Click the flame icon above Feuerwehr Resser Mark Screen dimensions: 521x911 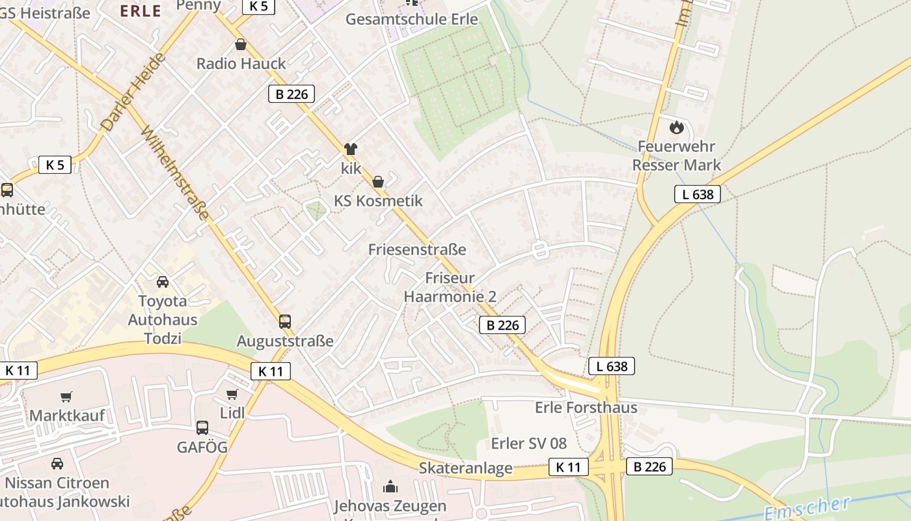(x=677, y=127)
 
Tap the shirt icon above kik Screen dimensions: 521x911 (x=351, y=149)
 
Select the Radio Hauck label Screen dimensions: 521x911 (x=241, y=63)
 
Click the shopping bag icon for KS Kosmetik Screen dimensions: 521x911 (x=378, y=182)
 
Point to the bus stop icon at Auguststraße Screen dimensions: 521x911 (x=285, y=321)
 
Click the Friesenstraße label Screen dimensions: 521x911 (x=417, y=249)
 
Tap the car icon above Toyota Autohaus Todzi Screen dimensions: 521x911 (x=162, y=282)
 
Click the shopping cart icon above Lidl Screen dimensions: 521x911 (x=232, y=394)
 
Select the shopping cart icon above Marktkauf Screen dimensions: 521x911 (x=66, y=397)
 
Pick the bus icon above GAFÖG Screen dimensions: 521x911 (x=202, y=428)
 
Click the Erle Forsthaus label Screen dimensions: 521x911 (x=586, y=408)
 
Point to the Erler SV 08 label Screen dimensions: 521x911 (x=529, y=444)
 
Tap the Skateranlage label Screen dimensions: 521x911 (x=465, y=468)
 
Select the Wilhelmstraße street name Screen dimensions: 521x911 (x=175, y=174)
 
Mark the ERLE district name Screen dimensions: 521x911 (x=141, y=10)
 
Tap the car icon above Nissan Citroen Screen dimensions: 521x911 (x=57, y=464)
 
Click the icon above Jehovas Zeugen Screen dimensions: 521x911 (x=390, y=486)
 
